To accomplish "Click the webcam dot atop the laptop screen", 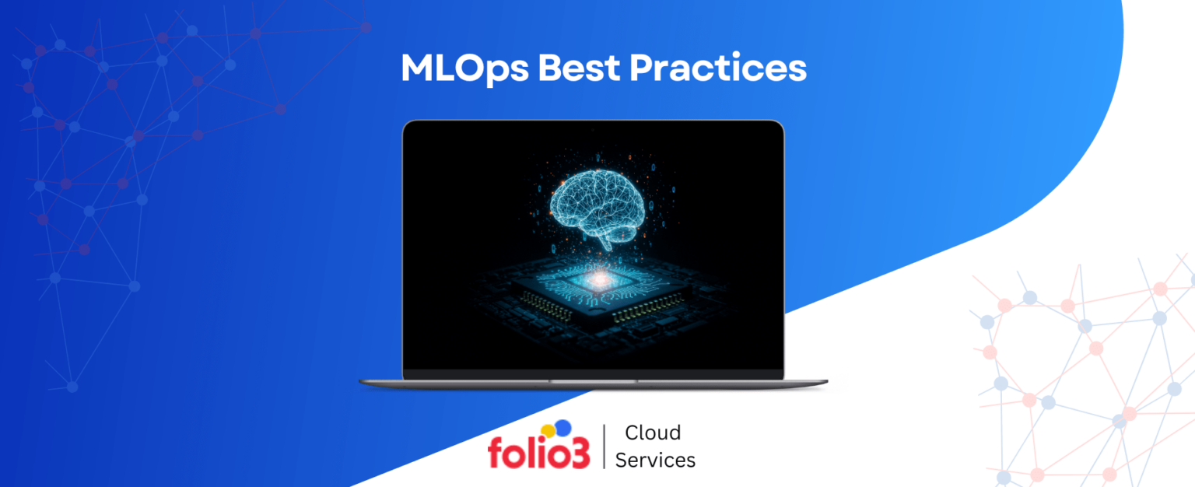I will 593,127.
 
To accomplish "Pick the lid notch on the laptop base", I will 593,381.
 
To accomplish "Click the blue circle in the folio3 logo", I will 562,427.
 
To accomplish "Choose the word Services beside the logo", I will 655,460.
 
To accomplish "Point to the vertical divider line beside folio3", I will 605,447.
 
